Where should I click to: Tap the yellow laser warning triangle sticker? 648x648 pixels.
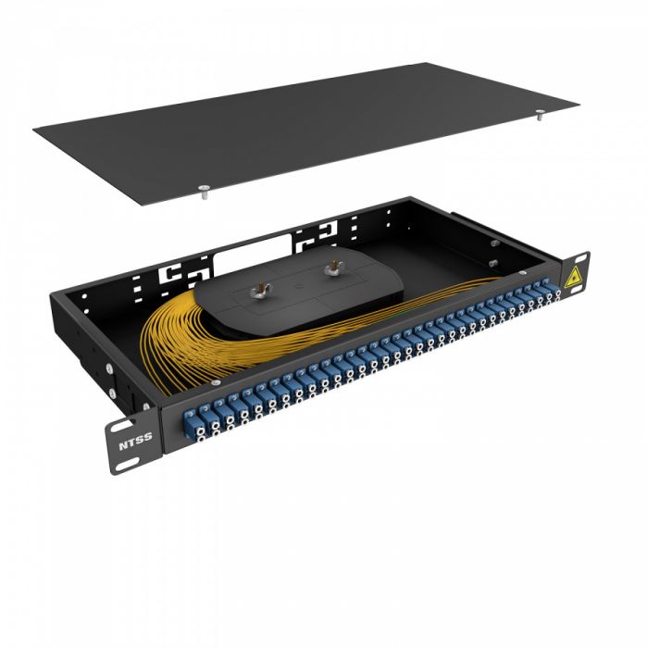tap(573, 276)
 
